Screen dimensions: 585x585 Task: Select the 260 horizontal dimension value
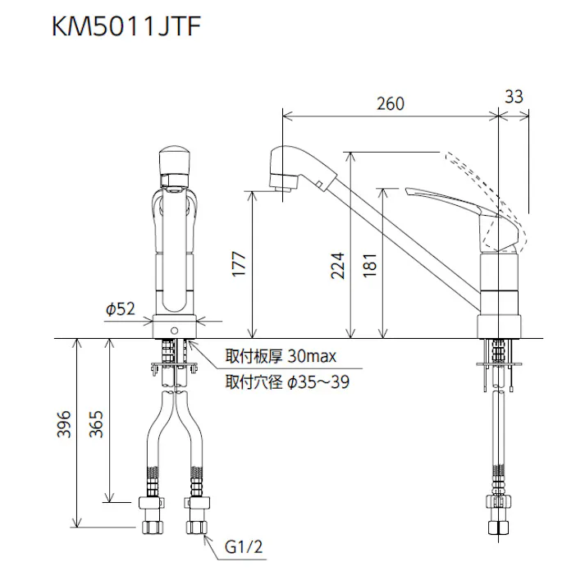391,103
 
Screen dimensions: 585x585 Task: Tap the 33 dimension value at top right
514,96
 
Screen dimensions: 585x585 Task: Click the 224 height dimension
337,265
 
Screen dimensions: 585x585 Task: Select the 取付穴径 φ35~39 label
286,382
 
